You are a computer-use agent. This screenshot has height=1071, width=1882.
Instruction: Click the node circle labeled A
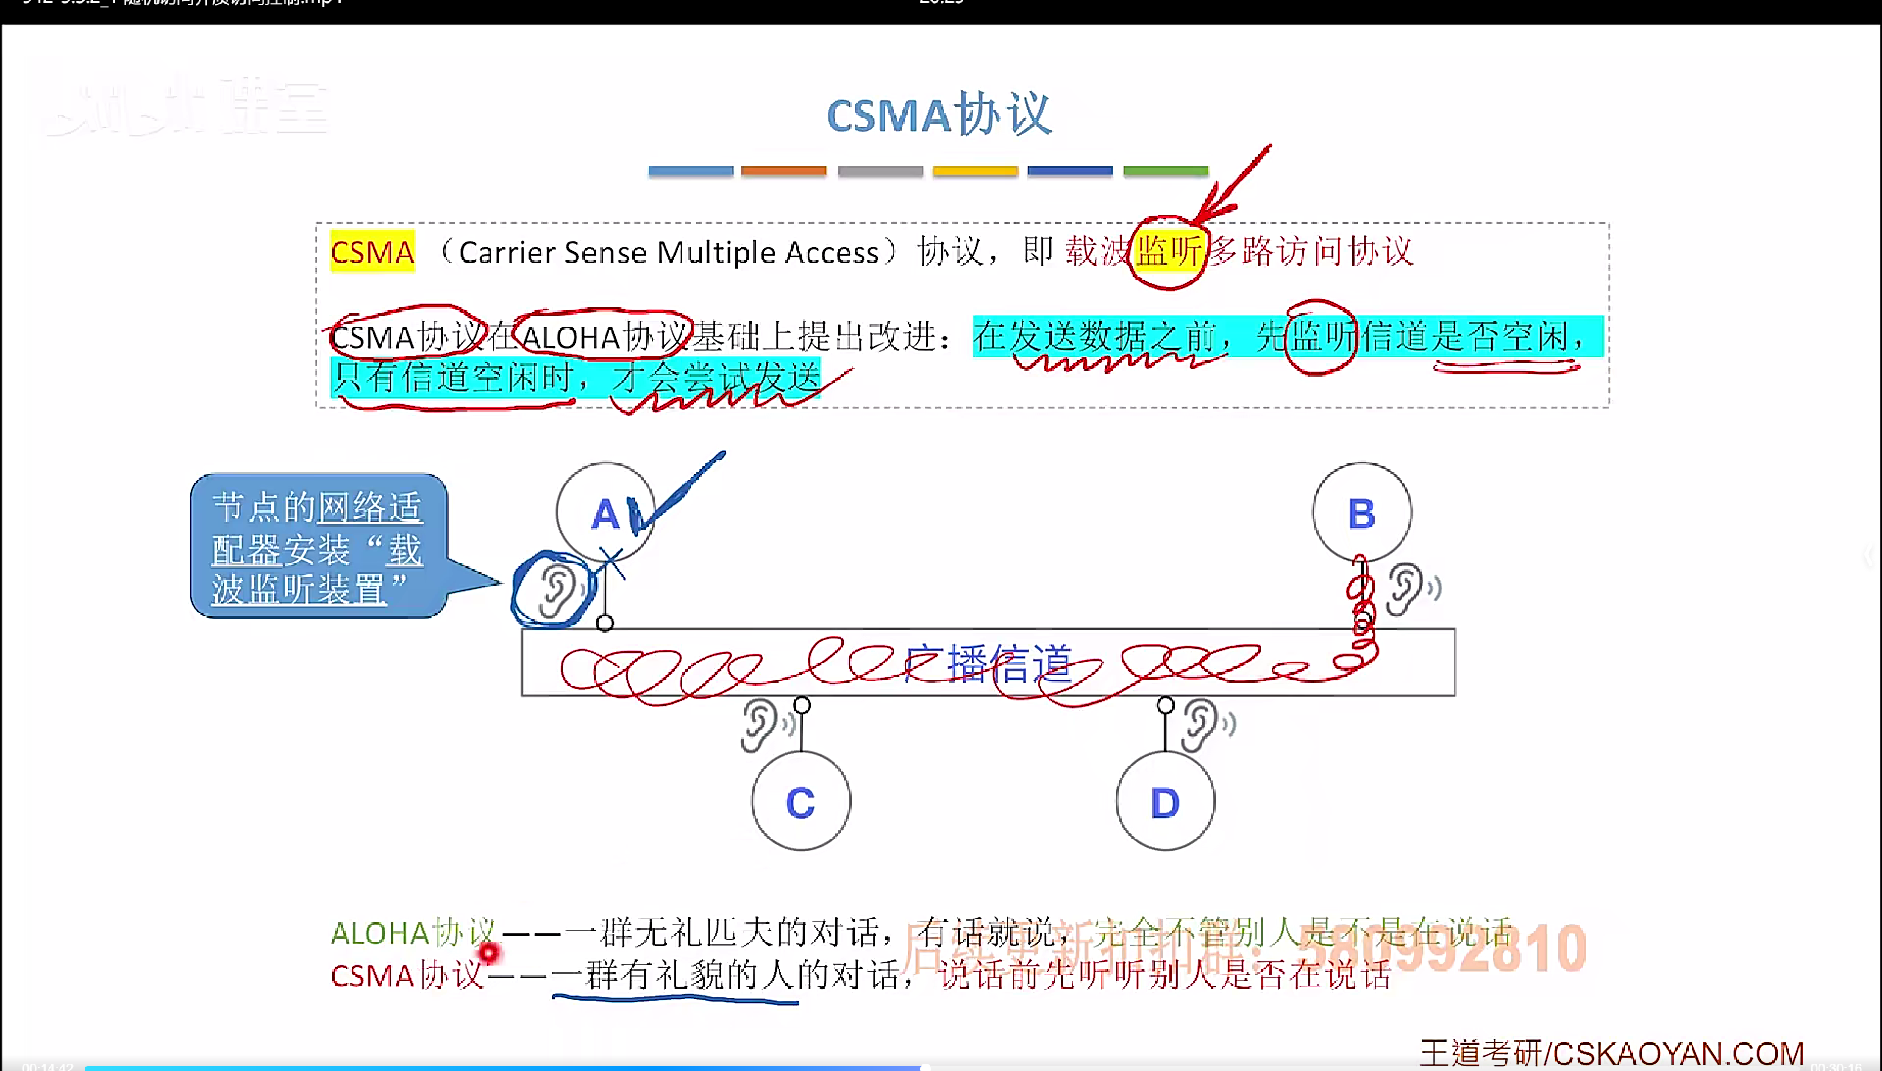coord(605,512)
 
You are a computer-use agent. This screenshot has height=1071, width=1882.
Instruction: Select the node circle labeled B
coord(1361,512)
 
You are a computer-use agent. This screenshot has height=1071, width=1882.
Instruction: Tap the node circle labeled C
coord(801,801)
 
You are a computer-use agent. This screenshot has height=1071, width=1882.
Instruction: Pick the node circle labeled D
coord(1165,801)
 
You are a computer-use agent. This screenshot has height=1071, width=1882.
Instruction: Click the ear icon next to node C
coord(759,725)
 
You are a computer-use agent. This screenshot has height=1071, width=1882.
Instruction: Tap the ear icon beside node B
coord(1405,588)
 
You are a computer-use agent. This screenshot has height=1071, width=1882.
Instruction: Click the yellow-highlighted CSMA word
coord(372,252)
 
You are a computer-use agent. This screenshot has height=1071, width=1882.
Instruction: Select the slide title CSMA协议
coord(940,115)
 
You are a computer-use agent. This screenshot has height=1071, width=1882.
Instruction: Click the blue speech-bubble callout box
coord(318,546)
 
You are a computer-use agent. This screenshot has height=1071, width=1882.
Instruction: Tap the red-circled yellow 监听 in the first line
coord(1169,252)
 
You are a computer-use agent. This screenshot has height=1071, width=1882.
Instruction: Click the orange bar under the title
coord(783,171)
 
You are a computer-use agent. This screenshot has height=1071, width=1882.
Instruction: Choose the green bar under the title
coord(1166,171)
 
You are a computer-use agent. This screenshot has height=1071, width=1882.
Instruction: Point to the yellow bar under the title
coord(974,171)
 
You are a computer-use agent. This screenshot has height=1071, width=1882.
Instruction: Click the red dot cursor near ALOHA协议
coord(488,953)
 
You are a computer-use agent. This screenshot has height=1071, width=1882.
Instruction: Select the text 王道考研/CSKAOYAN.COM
coord(1611,1053)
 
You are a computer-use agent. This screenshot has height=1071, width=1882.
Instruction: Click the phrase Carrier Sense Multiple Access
coord(669,253)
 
